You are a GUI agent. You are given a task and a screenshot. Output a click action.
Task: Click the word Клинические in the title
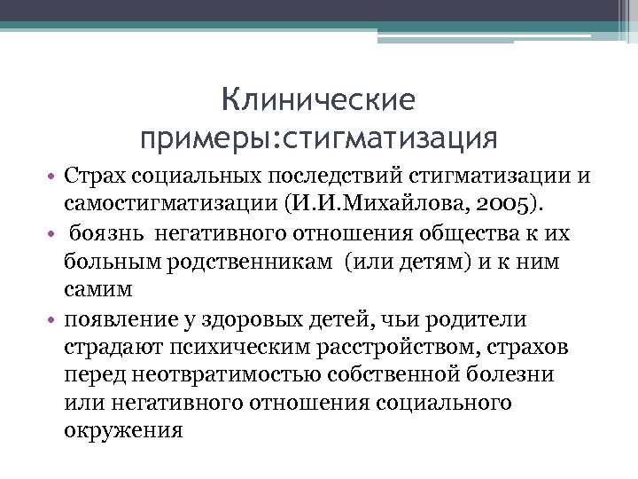[318, 100]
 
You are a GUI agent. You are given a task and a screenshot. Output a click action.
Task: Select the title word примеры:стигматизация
[319, 138]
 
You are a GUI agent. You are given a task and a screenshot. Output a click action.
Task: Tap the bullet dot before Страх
[54, 177]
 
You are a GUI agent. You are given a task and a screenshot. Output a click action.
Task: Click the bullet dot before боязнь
[54, 235]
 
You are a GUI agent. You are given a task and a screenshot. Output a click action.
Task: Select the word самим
[97, 290]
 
